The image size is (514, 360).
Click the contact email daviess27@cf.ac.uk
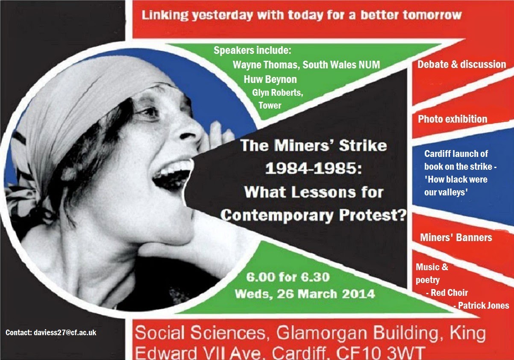(65, 333)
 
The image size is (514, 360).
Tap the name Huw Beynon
(270, 80)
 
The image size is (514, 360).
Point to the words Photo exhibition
(452, 119)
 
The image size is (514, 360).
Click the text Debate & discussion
(462, 64)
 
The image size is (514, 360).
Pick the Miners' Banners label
(456, 237)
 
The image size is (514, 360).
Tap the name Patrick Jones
(484, 305)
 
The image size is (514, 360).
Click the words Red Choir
(449, 292)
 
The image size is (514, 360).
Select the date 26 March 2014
(326, 294)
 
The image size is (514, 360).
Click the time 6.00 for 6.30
(288, 277)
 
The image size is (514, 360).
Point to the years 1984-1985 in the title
(314, 169)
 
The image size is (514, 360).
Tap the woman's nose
(192, 131)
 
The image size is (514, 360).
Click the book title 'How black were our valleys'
(456, 186)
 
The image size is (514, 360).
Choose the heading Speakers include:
(253, 50)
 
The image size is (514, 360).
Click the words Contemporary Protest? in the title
(313, 216)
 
